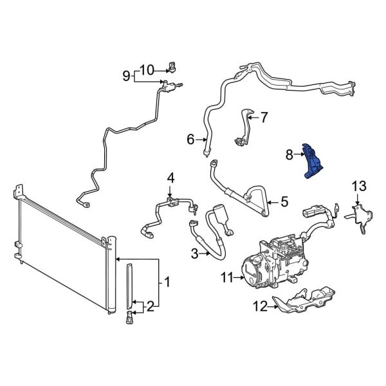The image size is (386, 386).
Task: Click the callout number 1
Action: (x=167, y=281)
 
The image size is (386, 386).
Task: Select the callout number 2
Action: (x=151, y=306)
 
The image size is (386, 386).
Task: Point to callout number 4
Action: (x=170, y=178)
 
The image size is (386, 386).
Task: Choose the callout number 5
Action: (x=284, y=201)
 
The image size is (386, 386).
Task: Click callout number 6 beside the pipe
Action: (x=190, y=139)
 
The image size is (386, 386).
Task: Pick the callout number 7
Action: (x=262, y=117)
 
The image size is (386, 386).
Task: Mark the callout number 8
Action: (x=289, y=154)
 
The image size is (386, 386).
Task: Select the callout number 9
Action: (x=126, y=77)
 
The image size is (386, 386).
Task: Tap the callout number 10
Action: (x=147, y=69)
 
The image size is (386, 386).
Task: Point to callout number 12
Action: (x=259, y=307)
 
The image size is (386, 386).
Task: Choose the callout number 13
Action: (x=358, y=187)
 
